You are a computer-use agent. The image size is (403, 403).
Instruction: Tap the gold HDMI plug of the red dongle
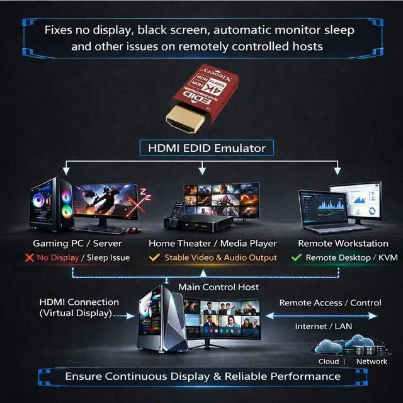pyautogui.click(x=184, y=117)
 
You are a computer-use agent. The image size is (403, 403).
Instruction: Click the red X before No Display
pyautogui.click(x=29, y=258)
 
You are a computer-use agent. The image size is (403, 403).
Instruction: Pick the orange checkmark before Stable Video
pyautogui.click(x=155, y=258)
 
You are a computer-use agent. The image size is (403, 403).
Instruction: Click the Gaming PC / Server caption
pyautogui.click(x=77, y=243)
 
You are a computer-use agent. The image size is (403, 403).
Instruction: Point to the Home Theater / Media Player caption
pyautogui.click(x=212, y=243)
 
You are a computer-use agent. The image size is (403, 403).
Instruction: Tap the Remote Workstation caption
pyautogui.click(x=343, y=243)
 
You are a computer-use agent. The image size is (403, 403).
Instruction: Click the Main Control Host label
pyautogui.click(x=219, y=287)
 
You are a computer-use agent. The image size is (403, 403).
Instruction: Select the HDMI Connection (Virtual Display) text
pyautogui.click(x=79, y=307)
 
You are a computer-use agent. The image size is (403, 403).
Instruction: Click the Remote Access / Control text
pyautogui.click(x=330, y=303)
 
